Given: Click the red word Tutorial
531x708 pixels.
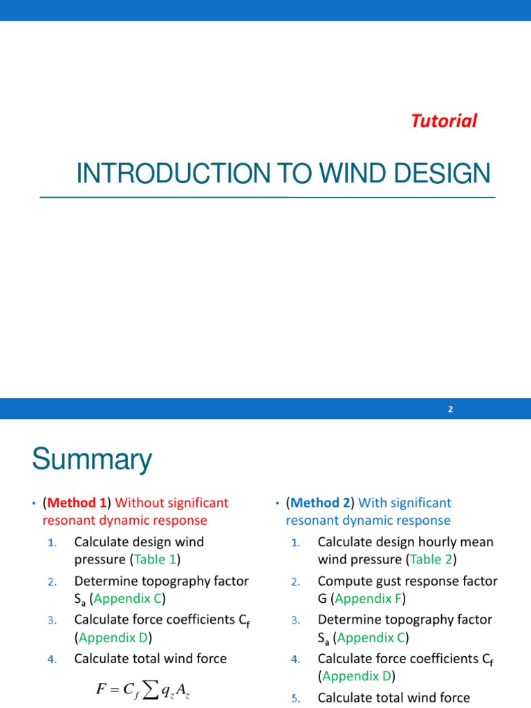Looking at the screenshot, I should coord(444,121).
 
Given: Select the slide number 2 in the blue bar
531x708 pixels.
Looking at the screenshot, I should coord(450,409).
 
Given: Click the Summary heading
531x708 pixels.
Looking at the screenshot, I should coord(92,460).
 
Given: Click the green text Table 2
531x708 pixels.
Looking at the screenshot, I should coord(432,559).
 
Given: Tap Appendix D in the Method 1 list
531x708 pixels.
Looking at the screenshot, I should coord(112,637).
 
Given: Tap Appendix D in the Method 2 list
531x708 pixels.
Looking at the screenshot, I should coord(355,676).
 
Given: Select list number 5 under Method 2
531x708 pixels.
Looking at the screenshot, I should coord(295,698).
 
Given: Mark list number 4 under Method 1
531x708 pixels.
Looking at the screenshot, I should coord(52,660).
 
